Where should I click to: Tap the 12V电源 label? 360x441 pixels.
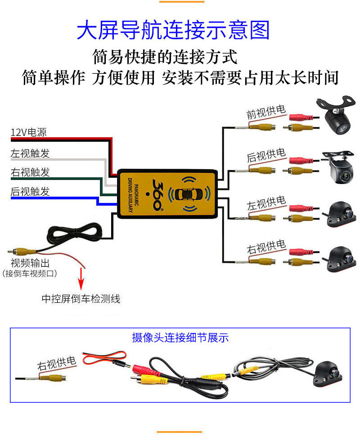coord(28,132)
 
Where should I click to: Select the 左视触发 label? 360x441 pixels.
coord(30,153)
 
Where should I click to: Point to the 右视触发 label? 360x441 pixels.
coord(30,172)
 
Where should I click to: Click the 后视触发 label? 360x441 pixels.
coord(30,191)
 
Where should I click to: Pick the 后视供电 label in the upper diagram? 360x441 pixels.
coord(266,155)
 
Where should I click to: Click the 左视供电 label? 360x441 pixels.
coord(266,202)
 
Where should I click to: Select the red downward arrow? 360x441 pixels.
coord(82,279)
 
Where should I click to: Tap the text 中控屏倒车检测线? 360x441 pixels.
coord(81,298)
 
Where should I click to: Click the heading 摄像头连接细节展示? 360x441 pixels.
coord(180,337)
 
